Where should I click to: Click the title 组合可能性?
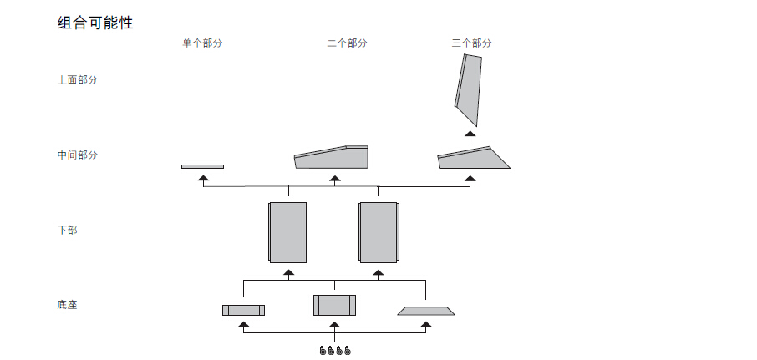pos(95,23)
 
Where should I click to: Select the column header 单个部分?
pos(202,43)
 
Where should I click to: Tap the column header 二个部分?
pos(347,43)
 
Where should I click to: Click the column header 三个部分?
pos(471,43)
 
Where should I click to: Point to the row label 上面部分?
pos(78,80)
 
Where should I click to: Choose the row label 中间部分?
pos(78,155)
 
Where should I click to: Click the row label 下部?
pos(68,230)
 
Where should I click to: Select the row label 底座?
pos(68,305)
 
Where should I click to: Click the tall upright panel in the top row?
pos(470,88)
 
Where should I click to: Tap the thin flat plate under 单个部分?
pos(202,166)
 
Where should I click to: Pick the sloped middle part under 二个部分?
pos(332,157)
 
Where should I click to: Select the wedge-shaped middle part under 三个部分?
pos(472,159)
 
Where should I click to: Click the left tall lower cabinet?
pos(288,231)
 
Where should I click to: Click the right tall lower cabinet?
pos(378,231)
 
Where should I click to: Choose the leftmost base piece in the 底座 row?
pos(243,310)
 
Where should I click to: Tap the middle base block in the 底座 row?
pos(334,305)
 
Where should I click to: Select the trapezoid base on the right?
pos(426,311)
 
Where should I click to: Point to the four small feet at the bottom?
pos(334,351)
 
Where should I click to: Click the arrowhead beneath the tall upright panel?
pos(470,133)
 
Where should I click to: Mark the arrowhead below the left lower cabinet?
pos(288,272)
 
